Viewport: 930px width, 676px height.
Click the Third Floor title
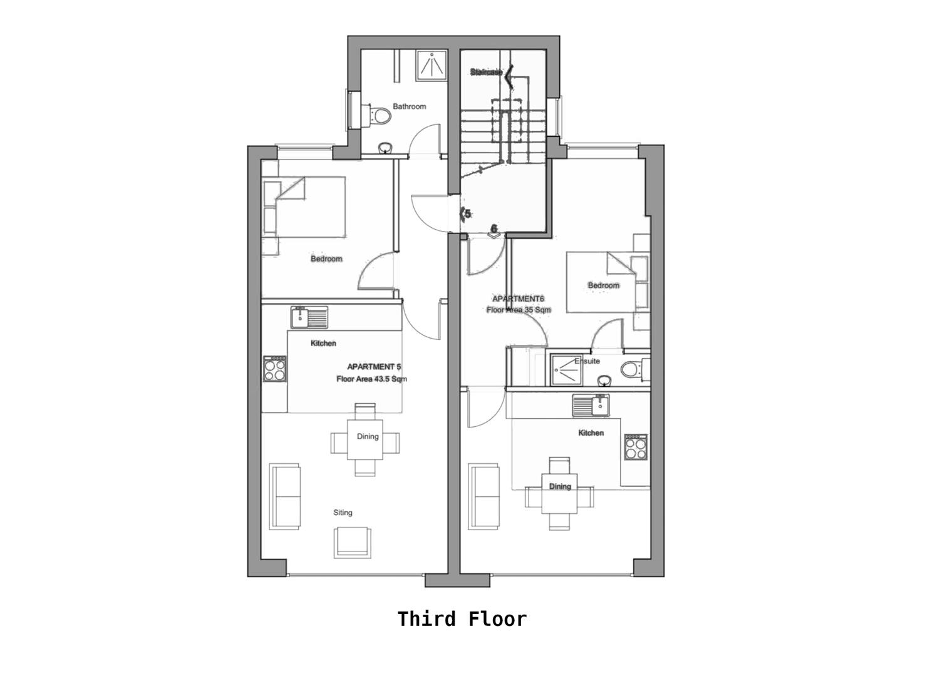462,619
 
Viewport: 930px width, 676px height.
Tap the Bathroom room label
409,106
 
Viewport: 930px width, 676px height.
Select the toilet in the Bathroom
378,116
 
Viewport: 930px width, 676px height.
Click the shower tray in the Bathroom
432,65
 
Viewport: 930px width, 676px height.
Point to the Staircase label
486,73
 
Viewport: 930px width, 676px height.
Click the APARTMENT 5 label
374,367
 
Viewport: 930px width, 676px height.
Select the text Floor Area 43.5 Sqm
372,379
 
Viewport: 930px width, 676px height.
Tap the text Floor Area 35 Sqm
519,310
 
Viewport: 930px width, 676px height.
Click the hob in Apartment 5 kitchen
275,369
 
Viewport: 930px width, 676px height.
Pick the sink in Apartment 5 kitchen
308,317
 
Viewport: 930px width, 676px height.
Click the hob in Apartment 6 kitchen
635,447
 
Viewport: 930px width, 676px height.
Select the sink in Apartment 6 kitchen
591,405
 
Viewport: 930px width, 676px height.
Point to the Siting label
343,513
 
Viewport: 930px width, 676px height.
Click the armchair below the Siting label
352,542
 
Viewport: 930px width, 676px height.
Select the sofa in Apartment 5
285,496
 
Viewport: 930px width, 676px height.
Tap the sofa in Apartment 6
485,496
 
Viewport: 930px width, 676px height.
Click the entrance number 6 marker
493,229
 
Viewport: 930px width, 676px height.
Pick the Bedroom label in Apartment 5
326,259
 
